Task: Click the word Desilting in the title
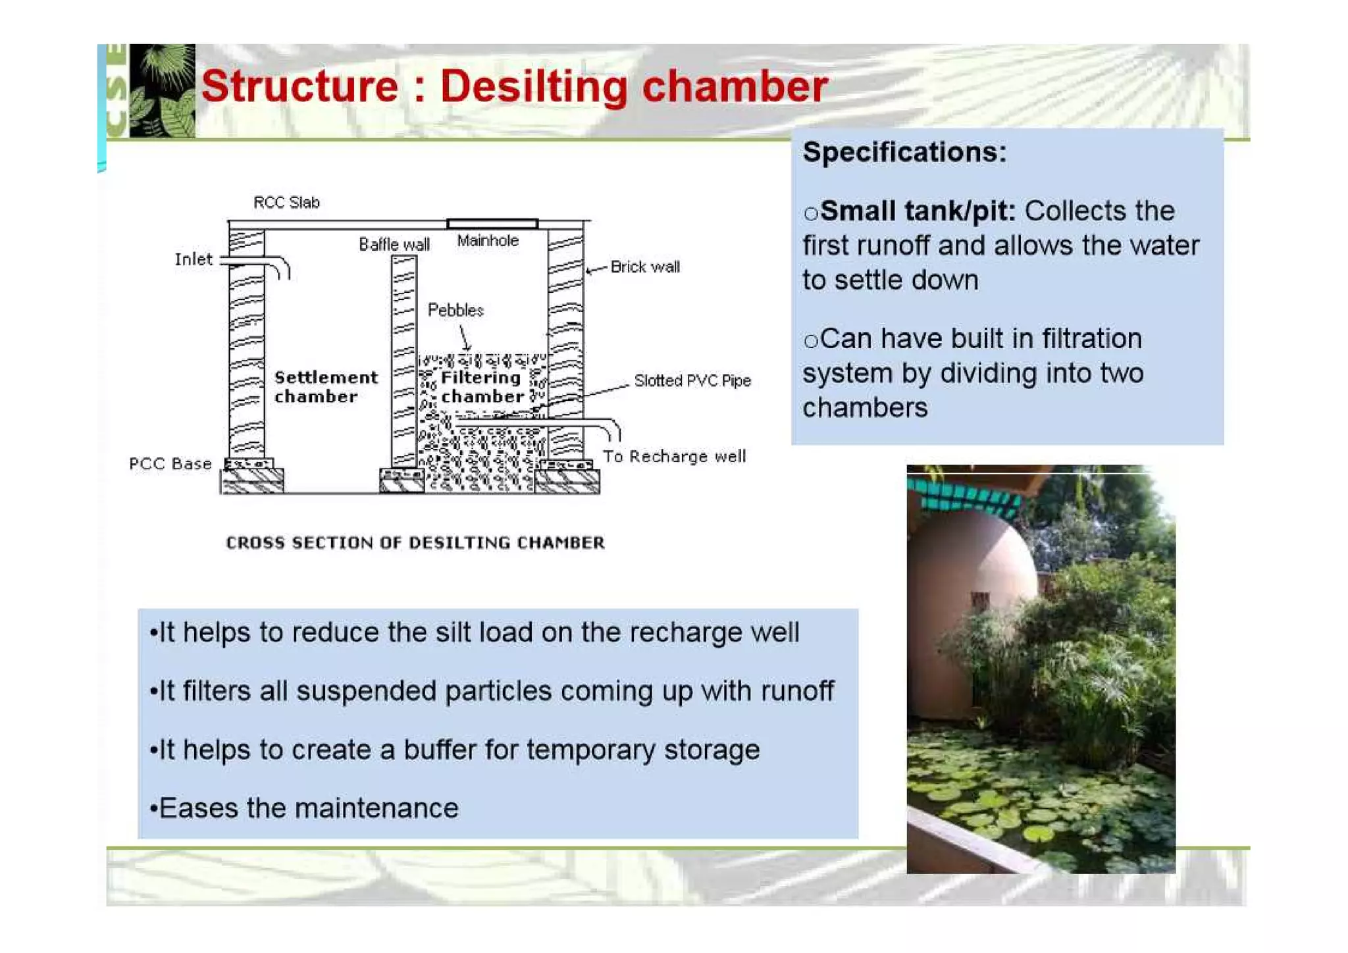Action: [533, 87]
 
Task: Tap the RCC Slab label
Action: [286, 202]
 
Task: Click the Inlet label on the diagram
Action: [194, 259]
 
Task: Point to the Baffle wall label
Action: [394, 245]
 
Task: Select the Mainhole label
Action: [488, 241]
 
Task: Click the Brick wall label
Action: [644, 267]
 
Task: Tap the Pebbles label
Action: [455, 310]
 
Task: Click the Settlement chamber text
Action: [325, 387]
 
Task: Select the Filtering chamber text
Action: [482, 387]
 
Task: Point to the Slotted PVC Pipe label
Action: [692, 380]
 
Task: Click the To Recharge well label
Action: [674, 456]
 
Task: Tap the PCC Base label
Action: [170, 464]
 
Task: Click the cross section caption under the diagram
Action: [415, 542]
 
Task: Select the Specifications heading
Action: [904, 152]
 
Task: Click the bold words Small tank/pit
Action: [918, 211]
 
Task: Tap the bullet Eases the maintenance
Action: [304, 808]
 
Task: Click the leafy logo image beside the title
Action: [162, 90]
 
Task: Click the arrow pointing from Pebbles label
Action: [465, 338]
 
